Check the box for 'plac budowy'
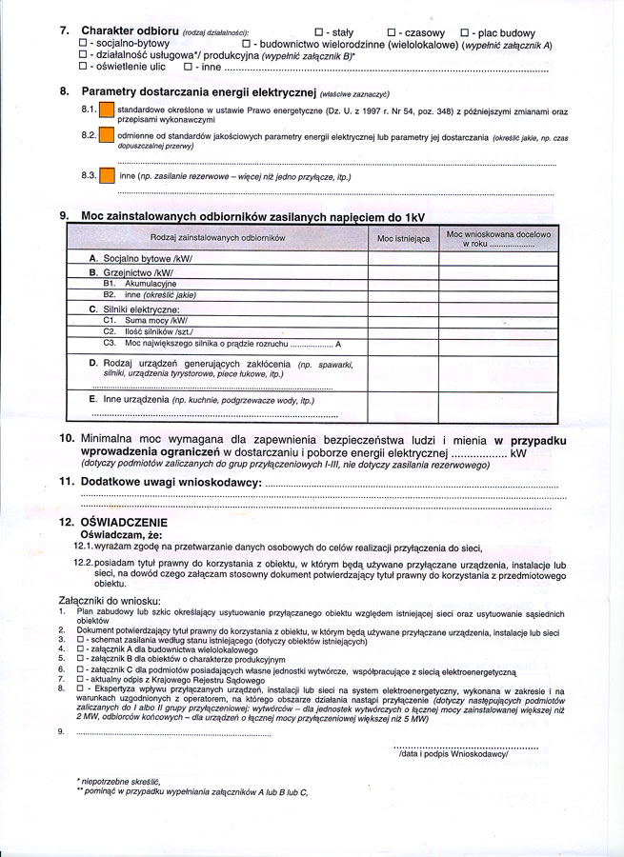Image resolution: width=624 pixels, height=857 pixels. click(x=465, y=32)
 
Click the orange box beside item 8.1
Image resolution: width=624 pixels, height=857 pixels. click(x=107, y=111)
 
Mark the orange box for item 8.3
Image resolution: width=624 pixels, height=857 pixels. click(x=107, y=176)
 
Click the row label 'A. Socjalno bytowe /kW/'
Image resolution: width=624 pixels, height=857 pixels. click(x=140, y=258)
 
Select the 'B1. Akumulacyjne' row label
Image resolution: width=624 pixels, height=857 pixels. click(x=139, y=284)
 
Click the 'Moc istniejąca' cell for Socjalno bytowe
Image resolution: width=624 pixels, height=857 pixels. click(x=403, y=258)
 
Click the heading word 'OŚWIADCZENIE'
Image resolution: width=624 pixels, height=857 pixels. click(x=125, y=522)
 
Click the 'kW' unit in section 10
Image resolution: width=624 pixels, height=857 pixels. click(x=517, y=454)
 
